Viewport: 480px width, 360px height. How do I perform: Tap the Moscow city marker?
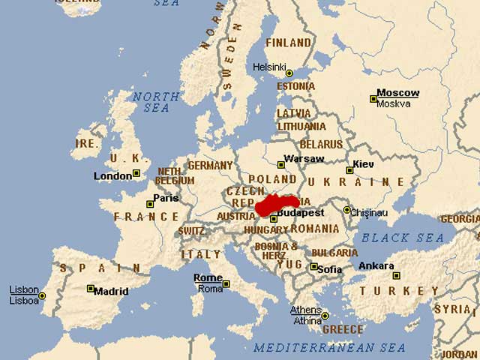pos(373,99)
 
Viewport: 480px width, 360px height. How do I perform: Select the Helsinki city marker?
pos(289,73)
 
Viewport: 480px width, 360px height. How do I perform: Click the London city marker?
pos(136,173)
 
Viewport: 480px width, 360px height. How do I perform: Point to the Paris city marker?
pos(150,204)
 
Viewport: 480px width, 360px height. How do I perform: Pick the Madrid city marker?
pos(91,289)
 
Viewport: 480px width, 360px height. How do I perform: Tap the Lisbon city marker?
pos(42,295)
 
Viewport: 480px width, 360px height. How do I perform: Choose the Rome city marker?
pos(226,283)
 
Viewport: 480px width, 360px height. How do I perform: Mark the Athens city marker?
pos(325,316)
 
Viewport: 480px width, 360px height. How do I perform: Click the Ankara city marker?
pos(396,275)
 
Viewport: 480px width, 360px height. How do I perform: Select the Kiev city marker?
pos(349,170)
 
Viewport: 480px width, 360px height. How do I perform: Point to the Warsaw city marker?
pos(281,164)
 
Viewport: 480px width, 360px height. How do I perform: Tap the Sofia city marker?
pos(313,266)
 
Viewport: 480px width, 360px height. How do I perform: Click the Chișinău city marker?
pos(346,210)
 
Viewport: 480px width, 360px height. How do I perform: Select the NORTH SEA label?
pos(156,102)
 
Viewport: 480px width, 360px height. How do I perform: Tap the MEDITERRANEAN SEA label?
pos(329,347)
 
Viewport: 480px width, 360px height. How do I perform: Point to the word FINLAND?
pos(288,43)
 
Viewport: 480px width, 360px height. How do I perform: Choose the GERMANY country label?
pos(210,165)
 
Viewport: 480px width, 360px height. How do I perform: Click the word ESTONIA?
pos(296,86)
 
